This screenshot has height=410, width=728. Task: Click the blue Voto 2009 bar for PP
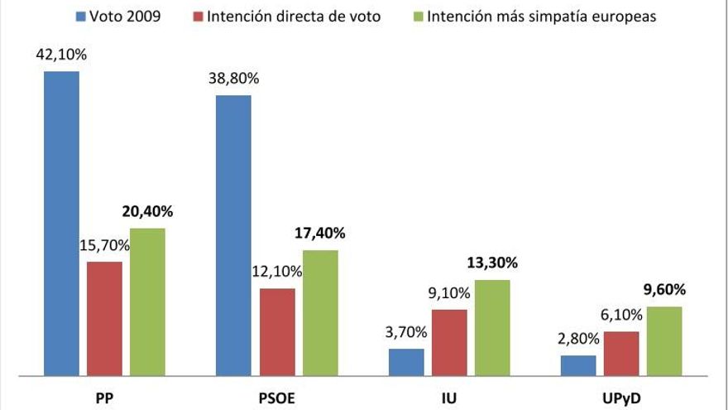[x=62, y=224]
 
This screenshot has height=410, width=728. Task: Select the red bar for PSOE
[x=277, y=332]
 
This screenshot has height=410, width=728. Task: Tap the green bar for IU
[x=492, y=328]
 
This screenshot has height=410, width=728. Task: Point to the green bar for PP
[x=147, y=302]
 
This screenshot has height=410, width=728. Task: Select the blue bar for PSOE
[x=234, y=235]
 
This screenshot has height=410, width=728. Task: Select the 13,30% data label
[x=492, y=263]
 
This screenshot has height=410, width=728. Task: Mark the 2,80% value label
[x=578, y=340]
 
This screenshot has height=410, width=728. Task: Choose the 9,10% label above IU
[x=449, y=292]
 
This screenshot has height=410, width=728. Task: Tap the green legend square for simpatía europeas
[x=419, y=16]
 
